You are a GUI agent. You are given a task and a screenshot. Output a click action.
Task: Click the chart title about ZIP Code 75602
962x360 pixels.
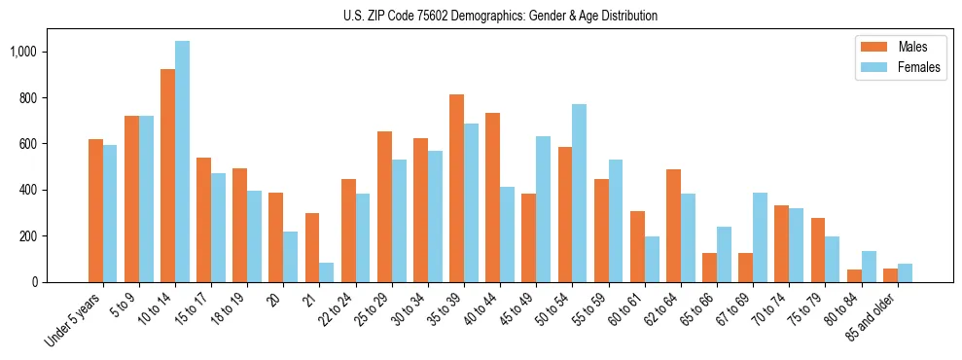click(x=500, y=16)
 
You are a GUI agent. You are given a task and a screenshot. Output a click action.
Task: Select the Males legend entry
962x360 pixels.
click(x=900, y=47)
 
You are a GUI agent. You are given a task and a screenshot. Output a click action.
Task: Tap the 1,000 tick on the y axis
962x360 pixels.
click(x=23, y=52)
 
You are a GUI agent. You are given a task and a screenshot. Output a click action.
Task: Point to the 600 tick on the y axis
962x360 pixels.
click(x=28, y=144)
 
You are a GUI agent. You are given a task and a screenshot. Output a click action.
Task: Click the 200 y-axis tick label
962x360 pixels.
click(x=28, y=236)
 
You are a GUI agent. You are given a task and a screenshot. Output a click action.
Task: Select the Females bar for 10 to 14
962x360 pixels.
click(x=182, y=162)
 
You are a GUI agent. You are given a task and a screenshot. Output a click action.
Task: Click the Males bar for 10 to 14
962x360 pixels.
click(x=167, y=175)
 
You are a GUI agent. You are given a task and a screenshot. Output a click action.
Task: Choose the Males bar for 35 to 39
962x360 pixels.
click(x=456, y=188)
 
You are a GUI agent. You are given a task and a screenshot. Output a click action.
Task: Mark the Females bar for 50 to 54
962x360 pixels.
click(x=580, y=193)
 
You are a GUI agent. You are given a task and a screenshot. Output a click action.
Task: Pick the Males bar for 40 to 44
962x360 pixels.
click(x=492, y=198)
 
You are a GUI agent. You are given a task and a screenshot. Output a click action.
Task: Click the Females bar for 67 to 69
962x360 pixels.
click(x=761, y=237)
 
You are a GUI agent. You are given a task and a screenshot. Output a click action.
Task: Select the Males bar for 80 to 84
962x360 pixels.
click(x=854, y=275)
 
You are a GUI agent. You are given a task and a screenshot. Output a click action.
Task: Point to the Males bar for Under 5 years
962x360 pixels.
click(x=95, y=210)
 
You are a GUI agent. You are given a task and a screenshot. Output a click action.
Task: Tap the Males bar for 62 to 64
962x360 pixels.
click(x=673, y=226)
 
